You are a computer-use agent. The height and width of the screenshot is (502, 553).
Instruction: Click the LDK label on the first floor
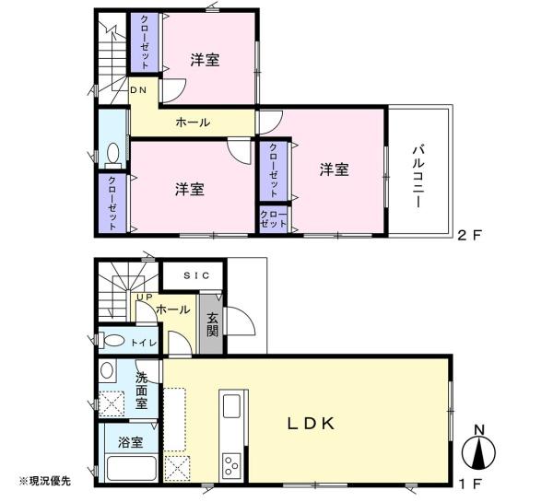click(x=312, y=424)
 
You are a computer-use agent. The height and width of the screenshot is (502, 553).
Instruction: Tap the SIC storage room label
click(x=197, y=275)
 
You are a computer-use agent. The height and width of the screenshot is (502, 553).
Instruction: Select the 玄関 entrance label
click(x=212, y=324)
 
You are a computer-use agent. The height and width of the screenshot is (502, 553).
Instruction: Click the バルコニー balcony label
click(x=418, y=177)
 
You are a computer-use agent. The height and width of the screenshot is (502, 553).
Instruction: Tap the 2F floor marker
click(x=469, y=235)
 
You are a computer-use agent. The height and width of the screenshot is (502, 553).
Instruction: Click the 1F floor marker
click(x=470, y=484)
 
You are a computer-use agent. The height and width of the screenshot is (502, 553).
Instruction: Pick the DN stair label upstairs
click(x=138, y=90)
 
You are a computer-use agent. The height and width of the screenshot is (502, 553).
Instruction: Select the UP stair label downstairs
click(x=145, y=298)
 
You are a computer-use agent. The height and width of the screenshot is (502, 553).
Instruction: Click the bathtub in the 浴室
click(x=131, y=468)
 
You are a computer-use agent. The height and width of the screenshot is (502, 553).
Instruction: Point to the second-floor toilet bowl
click(x=113, y=154)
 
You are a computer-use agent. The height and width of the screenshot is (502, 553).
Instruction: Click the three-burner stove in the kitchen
click(x=231, y=465)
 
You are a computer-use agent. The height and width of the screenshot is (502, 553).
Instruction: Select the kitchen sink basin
click(x=231, y=406)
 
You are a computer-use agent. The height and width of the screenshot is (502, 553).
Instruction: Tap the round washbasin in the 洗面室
click(x=107, y=371)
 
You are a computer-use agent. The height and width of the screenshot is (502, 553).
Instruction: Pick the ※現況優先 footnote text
click(x=45, y=481)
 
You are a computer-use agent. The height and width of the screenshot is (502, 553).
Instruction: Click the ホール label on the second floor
click(x=193, y=123)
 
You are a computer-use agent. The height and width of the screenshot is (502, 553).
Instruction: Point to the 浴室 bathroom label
click(x=131, y=442)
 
